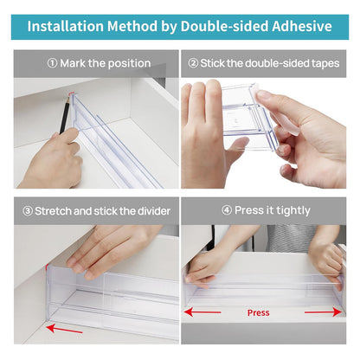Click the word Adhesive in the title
tap(294, 26)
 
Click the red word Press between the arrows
tap(258, 312)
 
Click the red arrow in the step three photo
tap(64, 328)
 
